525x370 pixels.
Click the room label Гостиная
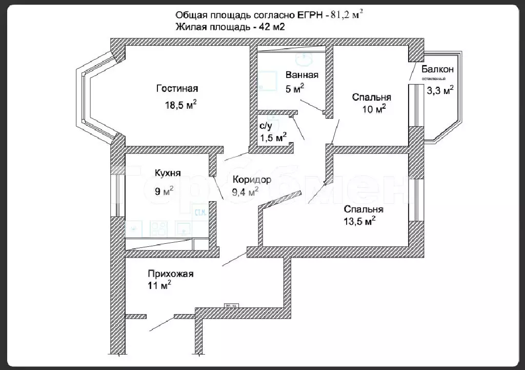(177, 89)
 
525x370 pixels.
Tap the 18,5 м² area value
(180, 105)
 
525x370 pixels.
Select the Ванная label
(302, 75)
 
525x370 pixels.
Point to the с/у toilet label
(265, 125)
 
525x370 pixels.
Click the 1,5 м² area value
(273, 138)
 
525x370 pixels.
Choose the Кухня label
(168, 173)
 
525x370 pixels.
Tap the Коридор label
(252, 180)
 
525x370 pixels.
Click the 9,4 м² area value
(245, 192)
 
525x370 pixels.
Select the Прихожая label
(170, 274)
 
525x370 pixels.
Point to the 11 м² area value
(159, 286)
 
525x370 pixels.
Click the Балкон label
(437, 69)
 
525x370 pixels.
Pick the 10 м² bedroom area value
(374, 109)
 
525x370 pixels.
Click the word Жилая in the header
(191, 28)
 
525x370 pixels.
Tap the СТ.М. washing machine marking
(200, 212)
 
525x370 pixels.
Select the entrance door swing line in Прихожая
(159, 324)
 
